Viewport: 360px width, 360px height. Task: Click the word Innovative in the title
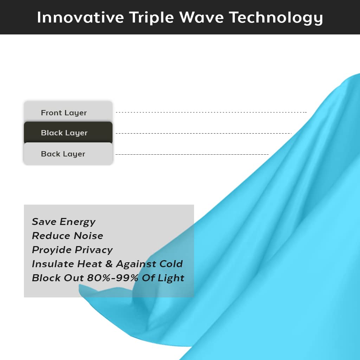coord(81,17)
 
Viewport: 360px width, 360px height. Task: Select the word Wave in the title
coord(201,17)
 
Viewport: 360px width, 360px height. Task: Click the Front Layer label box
coord(68,112)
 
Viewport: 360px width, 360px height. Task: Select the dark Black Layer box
coord(68,133)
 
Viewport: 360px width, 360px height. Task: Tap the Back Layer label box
coord(68,154)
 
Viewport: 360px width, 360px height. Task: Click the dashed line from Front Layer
coord(211,112)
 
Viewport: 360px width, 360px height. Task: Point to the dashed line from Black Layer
coord(204,133)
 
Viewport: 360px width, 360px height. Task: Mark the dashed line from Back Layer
coord(192,154)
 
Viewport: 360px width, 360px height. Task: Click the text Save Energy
coord(64,222)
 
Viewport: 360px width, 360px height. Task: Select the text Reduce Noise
coord(67,236)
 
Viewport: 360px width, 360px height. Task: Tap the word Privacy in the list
coord(94,250)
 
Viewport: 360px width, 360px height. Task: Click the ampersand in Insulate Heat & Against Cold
coord(109,264)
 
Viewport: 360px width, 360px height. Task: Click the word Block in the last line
coord(46,278)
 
